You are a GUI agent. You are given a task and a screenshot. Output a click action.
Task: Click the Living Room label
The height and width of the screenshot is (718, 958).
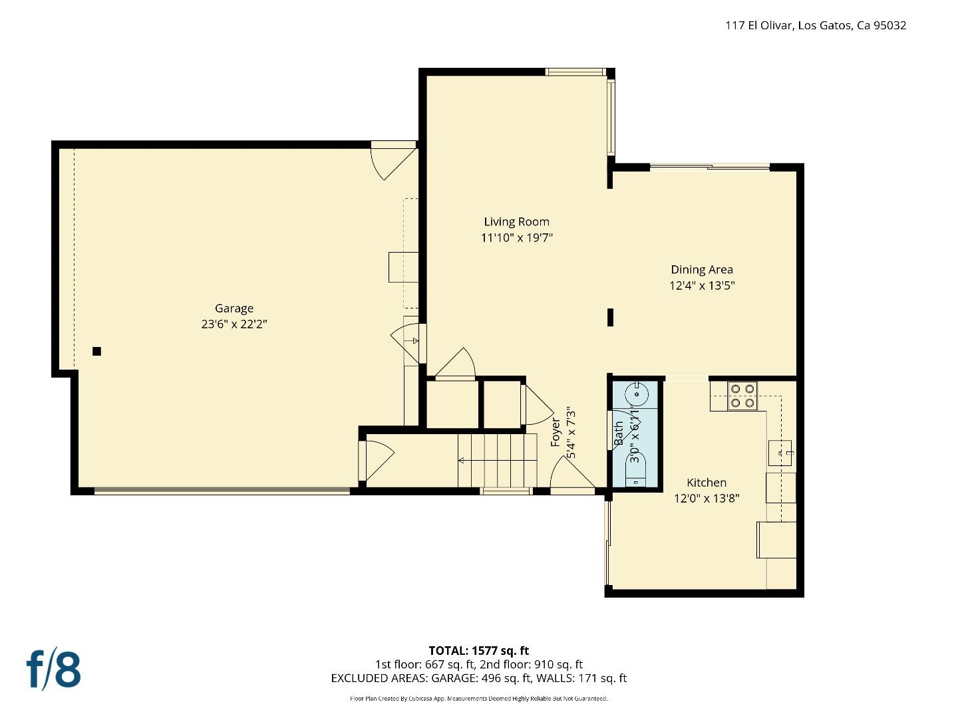[516, 222]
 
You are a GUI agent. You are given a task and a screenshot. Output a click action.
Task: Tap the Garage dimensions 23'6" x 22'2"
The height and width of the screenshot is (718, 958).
[234, 324]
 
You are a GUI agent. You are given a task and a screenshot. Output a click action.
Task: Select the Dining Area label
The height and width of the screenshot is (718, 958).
[701, 270]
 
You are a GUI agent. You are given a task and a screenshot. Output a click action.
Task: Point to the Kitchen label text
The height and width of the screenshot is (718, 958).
[707, 483]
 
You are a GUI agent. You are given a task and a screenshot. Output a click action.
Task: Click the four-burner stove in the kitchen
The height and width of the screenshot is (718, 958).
[741, 396]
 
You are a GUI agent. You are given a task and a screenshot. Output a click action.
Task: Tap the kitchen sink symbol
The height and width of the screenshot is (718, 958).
[780, 453]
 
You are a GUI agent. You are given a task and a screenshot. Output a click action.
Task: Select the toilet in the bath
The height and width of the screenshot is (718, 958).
[637, 468]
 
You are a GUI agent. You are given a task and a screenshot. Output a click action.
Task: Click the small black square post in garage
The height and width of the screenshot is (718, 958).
[96, 351]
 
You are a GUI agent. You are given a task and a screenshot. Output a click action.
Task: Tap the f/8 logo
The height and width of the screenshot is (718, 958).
[54, 669]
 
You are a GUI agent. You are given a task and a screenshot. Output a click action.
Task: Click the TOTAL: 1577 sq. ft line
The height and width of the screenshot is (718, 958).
[478, 651]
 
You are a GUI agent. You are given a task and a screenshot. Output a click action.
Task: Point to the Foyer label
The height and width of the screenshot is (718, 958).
[556, 431]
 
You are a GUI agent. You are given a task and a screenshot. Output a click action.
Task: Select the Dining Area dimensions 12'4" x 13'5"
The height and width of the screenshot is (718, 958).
[701, 286]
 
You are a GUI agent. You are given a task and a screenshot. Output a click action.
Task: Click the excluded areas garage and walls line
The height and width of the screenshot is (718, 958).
[478, 678]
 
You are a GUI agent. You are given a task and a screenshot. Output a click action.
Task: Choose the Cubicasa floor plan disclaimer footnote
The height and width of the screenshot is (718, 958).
[478, 699]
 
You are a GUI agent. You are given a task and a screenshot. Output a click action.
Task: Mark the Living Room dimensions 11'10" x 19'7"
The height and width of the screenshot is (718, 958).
[516, 238]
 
